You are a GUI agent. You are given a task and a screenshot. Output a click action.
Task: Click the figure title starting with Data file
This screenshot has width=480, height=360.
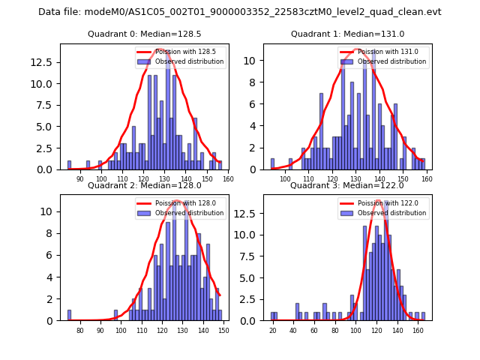[x=240, y=12]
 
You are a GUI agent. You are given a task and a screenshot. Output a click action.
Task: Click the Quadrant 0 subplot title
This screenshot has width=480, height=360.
[x=145, y=34]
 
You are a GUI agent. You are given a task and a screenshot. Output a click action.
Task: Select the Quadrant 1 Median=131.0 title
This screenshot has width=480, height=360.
[x=347, y=34]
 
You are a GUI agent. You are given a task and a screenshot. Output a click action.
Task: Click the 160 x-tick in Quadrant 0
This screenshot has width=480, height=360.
[x=228, y=179]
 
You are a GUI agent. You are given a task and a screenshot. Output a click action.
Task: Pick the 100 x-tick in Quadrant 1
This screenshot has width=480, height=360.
[x=285, y=179]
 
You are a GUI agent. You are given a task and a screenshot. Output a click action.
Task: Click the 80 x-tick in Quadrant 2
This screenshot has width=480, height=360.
[x=80, y=330]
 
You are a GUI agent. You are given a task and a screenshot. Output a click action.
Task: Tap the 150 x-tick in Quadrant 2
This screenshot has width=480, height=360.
[x=223, y=330]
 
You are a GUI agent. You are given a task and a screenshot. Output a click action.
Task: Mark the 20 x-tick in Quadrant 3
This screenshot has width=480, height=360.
[x=273, y=330]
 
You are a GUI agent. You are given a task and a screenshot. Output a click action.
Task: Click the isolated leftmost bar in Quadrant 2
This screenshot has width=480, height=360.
[x=69, y=315]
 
